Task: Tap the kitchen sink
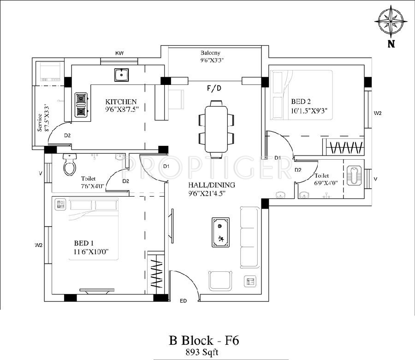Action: tap(122, 75)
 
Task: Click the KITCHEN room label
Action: tap(121, 102)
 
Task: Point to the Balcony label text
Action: tap(210, 53)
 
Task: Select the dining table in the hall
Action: tap(217, 130)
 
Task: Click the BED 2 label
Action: tap(301, 102)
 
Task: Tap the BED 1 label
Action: tap(83, 243)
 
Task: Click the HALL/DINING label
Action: tap(212, 185)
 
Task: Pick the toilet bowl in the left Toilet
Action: tap(70, 164)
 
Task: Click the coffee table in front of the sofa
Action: tap(221, 232)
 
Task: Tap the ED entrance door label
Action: tap(183, 301)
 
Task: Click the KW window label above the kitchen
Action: tap(119, 53)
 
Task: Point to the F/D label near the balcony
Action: tap(214, 88)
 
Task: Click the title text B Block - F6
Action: tap(204, 341)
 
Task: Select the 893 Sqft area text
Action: tap(202, 352)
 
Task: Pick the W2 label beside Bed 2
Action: tap(378, 113)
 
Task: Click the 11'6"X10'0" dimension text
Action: tap(92, 252)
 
